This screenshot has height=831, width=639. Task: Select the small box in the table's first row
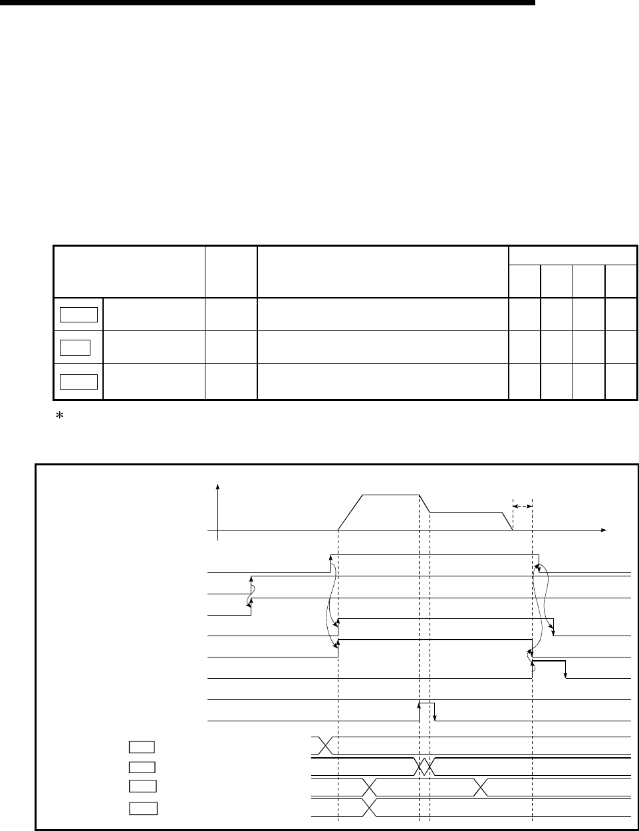(x=79, y=314)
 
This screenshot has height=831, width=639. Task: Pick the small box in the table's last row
(x=79, y=381)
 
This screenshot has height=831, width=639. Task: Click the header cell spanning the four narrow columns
(x=573, y=255)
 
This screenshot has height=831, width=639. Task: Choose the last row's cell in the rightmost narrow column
(x=621, y=381)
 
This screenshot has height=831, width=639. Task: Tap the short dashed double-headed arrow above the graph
(x=523, y=506)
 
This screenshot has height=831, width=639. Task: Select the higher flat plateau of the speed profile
(x=390, y=495)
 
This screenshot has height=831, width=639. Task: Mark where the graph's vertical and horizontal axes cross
(x=217, y=530)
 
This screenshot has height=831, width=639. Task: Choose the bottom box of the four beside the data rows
(x=142, y=808)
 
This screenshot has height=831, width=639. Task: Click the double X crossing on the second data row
(x=424, y=767)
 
